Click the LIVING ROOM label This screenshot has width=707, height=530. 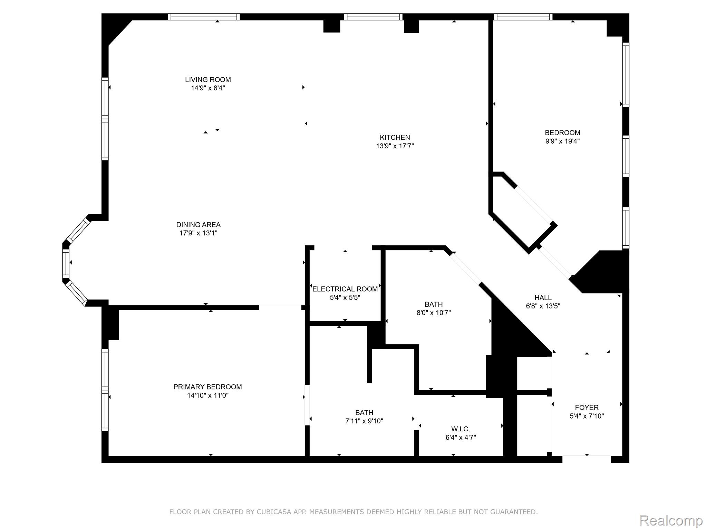(208, 80)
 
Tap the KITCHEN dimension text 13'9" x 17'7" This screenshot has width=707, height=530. (395, 146)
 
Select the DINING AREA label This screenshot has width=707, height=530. (198, 225)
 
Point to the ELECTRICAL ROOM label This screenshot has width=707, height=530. (345, 289)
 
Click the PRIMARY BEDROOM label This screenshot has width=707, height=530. (207, 387)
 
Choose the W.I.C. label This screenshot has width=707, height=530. (461, 429)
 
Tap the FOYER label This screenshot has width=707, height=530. (587, 408)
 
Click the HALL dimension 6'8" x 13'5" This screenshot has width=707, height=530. (543, 306)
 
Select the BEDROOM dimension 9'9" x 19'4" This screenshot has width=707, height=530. (562, 141)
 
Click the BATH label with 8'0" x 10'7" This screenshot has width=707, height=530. (434, 304)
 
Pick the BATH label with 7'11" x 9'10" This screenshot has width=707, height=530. (364, 413)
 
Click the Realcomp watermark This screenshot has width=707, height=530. (671, 520)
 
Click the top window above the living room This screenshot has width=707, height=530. (204, 17)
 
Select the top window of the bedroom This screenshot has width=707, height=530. (523, 17)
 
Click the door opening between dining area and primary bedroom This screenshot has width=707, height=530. (280, 307)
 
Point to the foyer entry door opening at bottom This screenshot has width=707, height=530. (587, 459)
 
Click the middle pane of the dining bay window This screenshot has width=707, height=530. (66, 263)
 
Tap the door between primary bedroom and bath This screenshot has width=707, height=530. (307, 405)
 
